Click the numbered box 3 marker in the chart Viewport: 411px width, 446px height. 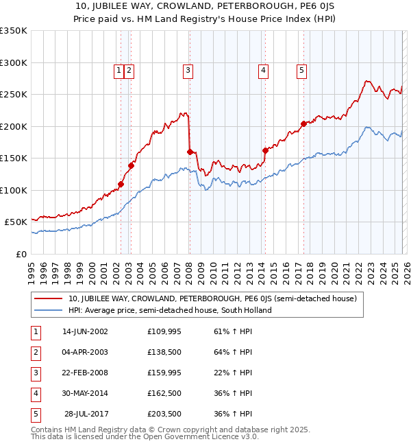coord(188,69)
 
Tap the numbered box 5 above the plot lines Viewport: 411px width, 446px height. coord(301,69)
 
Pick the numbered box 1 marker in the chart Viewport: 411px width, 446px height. coord(119,69)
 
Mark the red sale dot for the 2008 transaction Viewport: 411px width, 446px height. coord(189,152)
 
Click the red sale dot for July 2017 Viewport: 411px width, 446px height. coord(303,124)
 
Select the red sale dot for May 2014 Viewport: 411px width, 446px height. coord(265,150)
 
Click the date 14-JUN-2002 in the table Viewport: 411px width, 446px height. coord(85,331)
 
